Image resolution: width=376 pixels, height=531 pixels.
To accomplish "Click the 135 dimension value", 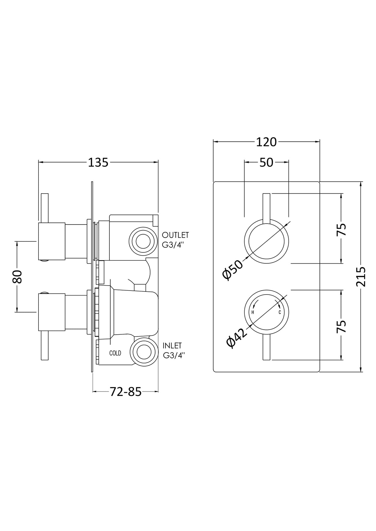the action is (x=98, y=163).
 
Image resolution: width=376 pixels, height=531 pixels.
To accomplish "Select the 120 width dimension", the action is (x=266, y=142).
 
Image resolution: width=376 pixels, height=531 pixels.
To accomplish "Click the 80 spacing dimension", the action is (x=17, y=277).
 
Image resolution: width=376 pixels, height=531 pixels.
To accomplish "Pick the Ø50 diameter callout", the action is (x=233, y=270).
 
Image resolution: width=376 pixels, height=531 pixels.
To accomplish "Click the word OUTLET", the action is (x=175, y=235).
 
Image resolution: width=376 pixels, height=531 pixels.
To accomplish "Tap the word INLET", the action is (x=172, y=346).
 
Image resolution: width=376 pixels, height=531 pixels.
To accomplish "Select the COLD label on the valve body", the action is (x=115, y=353).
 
